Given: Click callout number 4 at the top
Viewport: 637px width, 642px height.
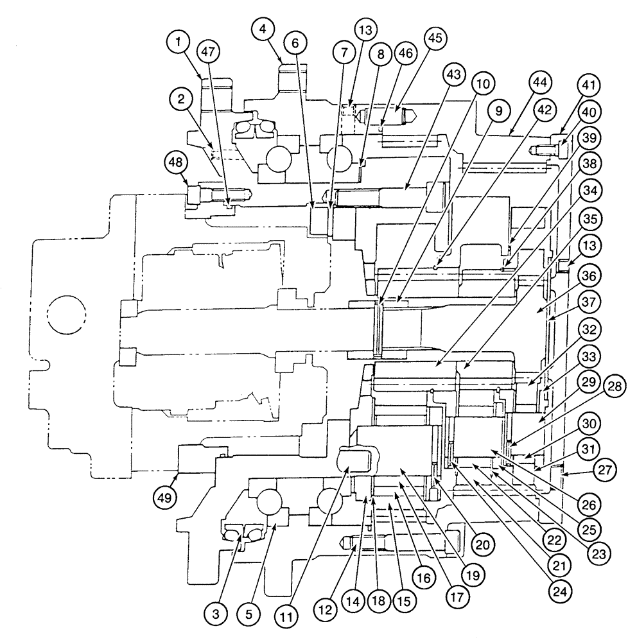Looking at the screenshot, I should coord(264,29).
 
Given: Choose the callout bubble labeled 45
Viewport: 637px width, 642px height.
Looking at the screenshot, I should coord(435,38).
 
